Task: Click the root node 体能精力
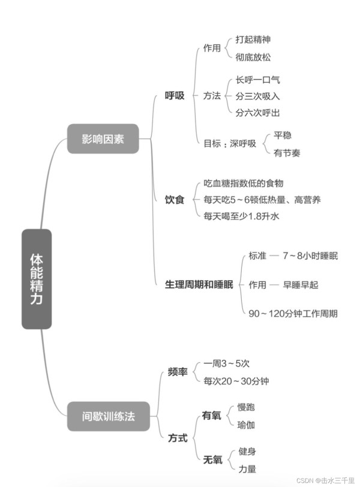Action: pos(37,279)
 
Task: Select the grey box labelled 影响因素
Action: pos(103,139)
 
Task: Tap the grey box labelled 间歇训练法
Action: pos(109,416)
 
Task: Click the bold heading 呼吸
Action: pos(175,95)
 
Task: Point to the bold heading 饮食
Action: pos(175,199)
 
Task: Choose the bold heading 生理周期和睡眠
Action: pos(199,284)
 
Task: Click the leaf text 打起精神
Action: pos(253,40)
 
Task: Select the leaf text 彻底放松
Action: pos(253,57)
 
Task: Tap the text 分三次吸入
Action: pos(257,96)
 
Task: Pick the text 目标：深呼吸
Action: pos(230,143)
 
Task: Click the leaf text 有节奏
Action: pos(287,153)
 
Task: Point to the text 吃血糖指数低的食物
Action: pos(244,184)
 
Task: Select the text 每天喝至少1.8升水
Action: pos(241,216)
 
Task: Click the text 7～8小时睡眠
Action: pos(310,255)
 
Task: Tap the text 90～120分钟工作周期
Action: pos(293,314)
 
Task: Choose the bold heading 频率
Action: pos(178,372)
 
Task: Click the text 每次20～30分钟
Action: pos(236,381)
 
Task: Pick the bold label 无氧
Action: pos(213,459)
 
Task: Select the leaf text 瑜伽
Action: pos(246,425)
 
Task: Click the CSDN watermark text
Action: pos(326,480)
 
